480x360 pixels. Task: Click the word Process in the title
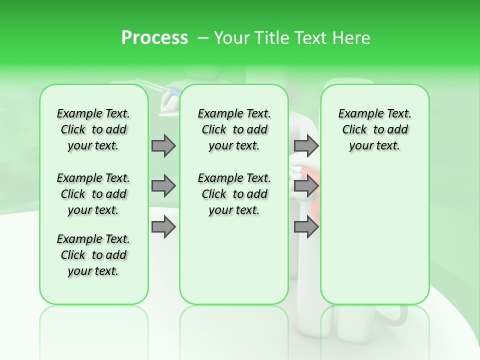[x=154, y=37]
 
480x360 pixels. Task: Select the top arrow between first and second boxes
[x=163, y=145]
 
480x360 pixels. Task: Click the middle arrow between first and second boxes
[x=163, y=186]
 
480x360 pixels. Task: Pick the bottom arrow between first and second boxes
[x=163, y=227]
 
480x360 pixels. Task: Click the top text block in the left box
[x=93, y=129]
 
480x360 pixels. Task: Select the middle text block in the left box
[x=93, y=194]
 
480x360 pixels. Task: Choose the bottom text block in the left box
[x=93, y=255]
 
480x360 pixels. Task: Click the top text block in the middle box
[x=234, y=129]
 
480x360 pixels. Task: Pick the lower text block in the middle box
[x=234, y=194]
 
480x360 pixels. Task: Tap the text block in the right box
[x=374, y=129]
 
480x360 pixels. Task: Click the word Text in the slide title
[x=309, y=37]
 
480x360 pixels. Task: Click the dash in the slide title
[x=203, y=38]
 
